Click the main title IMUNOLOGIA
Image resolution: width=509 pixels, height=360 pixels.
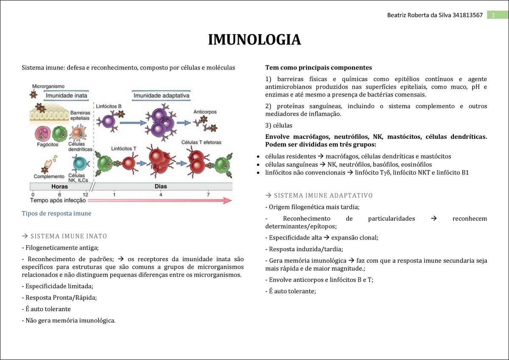click(254, 39)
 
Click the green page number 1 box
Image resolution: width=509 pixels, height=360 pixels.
click(493, 15)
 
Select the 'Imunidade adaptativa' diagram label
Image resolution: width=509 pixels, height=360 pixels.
click(161, 96)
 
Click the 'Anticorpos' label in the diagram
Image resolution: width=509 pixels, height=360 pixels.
click(205, 112)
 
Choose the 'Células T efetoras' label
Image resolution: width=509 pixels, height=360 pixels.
click(201, 143)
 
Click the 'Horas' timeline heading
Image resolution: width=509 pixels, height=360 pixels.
click(59, 186)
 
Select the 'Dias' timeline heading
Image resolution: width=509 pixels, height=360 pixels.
click(161, 186)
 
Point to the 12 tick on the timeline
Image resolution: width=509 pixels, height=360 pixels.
click(85, 194)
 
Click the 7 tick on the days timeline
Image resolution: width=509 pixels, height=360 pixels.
click(208, 194)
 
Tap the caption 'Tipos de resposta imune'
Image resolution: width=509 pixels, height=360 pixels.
click(56, 213)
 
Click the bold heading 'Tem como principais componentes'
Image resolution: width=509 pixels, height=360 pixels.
click(319, 67)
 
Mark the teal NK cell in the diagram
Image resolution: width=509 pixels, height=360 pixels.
click(79, 163)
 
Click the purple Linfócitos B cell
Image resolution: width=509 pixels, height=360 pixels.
click(109, 122)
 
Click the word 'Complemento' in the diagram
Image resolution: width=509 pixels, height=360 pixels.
click(49, 176)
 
